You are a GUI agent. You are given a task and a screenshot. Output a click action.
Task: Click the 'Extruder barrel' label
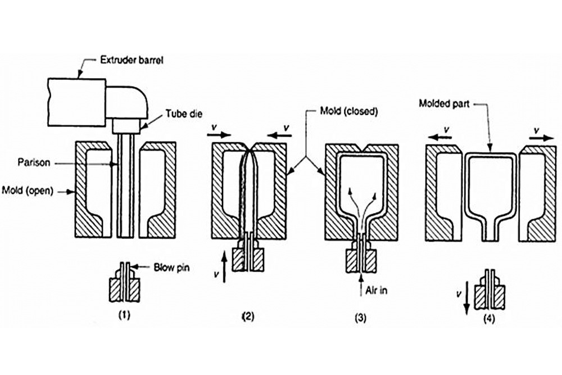[132, 60]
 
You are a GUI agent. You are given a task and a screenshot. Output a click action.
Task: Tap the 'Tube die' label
[184, 114]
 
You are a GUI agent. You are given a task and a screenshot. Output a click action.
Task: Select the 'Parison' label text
[34, 162]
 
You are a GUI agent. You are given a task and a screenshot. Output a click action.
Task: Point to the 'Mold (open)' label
[28, 191]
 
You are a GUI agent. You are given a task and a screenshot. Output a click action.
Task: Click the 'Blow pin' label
[171, 268]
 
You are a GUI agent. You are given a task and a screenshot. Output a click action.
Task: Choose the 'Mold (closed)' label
[349, 111]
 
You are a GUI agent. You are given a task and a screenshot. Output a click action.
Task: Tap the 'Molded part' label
[445, 104]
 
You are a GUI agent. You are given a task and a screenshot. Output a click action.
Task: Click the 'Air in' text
[377, 291]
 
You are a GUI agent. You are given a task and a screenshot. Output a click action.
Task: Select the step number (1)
[124, 315]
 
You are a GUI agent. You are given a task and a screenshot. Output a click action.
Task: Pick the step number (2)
[248, 316]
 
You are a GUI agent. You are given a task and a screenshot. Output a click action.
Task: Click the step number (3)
[361, 318]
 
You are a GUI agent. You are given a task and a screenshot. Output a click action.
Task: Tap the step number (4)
[490, 319]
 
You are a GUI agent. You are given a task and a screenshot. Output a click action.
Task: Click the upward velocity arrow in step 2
[224, 266]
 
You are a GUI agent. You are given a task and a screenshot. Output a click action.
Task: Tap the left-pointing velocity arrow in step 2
[280, 135]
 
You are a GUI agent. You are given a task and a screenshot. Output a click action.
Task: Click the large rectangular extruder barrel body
[76, 102]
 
